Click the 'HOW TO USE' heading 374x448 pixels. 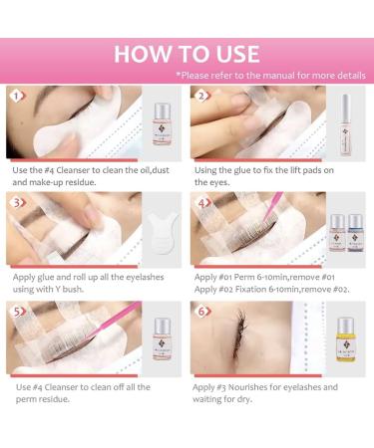[x=187, y=54]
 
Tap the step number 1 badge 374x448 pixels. [x=13, y=97]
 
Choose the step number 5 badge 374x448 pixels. [x=13, y=311]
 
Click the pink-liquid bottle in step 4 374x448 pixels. [x=336, y=236]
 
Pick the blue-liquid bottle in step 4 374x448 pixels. [x=358, y=236]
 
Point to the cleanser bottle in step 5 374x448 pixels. [x=160, y=340]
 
